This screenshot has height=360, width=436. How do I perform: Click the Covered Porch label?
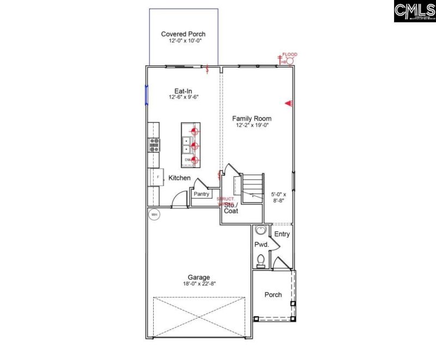tap(183, 34)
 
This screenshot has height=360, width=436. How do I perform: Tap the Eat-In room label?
tap(183, 91)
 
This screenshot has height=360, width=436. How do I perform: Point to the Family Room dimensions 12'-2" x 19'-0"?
tap(252, 125)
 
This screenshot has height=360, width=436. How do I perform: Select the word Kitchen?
tap(179, 178)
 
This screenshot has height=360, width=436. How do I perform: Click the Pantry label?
tap(202, 194)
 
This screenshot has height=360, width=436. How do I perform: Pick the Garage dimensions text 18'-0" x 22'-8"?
tap(196, 284)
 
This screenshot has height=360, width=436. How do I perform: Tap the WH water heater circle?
tap(154, 214)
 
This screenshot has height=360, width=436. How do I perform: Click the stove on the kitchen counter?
tap(154, 145)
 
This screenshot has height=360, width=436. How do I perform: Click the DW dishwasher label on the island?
tap(187, 160)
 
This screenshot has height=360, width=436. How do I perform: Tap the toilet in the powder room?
tap(261, 260)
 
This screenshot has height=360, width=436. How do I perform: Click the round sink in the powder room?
tap(260, 230)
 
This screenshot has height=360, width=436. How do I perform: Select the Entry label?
tap(282, 235)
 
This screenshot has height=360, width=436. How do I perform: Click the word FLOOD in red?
tap(290, 55)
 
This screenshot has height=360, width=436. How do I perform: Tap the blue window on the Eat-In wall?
tap(147, 94)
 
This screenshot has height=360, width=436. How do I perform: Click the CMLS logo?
tap(414, 11)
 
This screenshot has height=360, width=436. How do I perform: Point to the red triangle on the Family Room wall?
tap(289, 103)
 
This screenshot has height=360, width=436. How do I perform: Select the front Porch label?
tap(273, 295)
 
